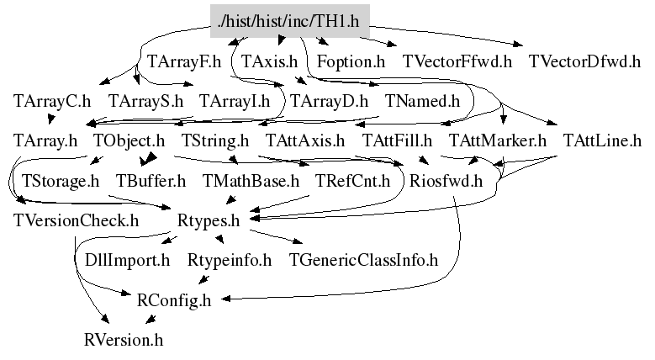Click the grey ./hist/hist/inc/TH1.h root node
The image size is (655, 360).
point(289,19)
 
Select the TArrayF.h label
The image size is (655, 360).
point(183,61)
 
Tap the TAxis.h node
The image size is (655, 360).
point(269,61)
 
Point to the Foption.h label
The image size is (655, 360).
point(351,61)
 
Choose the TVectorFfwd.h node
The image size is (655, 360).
point(457,61)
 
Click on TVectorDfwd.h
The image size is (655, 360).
point(584,61)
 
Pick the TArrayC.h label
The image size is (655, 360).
point(52,101)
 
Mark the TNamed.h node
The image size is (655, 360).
point(423,101)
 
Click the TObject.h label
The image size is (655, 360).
point(129,140)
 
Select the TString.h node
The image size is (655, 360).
point(215,140)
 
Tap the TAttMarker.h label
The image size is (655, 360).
point(498,140)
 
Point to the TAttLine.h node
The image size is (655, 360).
point(602,140)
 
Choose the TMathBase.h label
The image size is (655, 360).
point(251,180)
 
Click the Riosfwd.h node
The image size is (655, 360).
point(446,180)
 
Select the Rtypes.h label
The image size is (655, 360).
point(209,220)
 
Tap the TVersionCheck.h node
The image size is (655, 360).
point(76,220)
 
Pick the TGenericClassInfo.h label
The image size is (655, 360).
point(363,260)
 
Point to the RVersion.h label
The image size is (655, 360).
point(123,340)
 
